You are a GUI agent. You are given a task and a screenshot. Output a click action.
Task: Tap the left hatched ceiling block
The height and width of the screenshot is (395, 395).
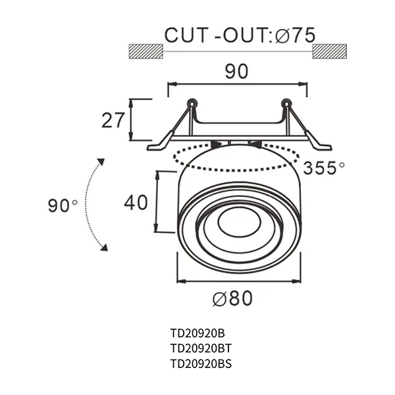tap(145, 51)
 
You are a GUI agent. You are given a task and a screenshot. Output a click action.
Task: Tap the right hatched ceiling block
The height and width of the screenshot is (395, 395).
tap(329, 51)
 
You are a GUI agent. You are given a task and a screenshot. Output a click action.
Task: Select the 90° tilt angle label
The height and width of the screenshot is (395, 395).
tap(63, 205)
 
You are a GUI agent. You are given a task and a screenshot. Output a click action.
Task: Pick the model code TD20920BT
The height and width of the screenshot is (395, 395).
tap(199, 348)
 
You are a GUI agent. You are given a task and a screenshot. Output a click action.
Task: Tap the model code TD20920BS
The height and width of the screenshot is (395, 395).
tap(199, 363)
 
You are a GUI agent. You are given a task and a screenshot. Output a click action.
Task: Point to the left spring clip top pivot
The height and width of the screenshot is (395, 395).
tap(192, 103)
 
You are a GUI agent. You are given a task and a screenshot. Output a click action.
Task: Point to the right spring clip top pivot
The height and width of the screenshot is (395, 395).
tap(286, 103)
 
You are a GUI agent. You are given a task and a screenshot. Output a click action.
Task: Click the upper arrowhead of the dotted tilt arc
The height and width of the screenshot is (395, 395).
tap(101, 161)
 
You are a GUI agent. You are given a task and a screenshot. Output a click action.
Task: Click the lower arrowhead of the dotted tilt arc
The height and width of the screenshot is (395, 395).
tap(103, 248)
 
